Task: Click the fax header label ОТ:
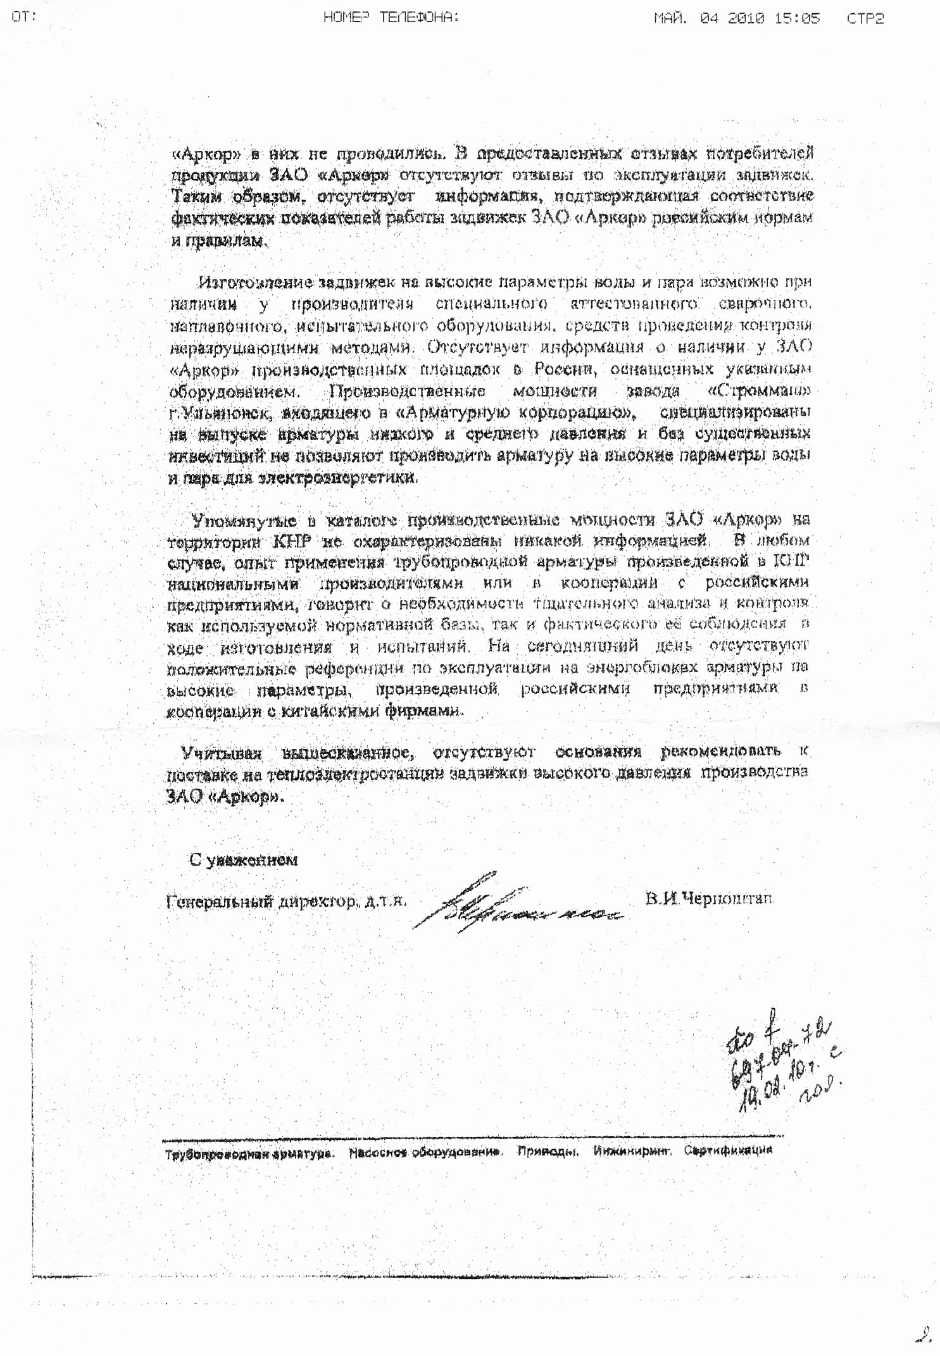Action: (x=24, y=18)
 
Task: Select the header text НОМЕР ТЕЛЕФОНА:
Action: (x=391, y=18)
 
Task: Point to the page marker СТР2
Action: (x=865, y=18)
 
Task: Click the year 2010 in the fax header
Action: (x=747, y=18)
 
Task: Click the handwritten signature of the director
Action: (x=513, y=902)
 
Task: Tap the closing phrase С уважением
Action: (x=243, y=860)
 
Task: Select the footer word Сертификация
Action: (x=728, y=1150)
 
